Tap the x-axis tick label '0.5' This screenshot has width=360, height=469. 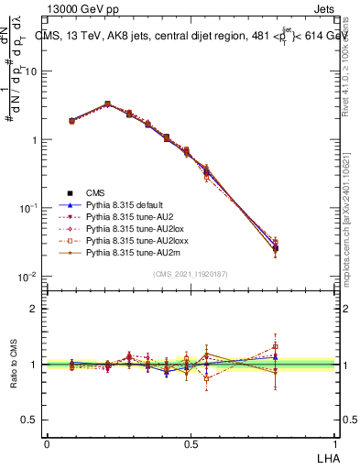[191, 443]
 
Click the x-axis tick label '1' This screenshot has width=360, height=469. [333, 443]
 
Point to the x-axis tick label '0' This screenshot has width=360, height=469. [47, 443]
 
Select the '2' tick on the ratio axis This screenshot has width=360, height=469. [34, 309]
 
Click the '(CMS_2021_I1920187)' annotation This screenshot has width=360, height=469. [190, 274]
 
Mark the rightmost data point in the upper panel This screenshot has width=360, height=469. [276, 247]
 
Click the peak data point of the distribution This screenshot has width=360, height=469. [107, 104]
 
